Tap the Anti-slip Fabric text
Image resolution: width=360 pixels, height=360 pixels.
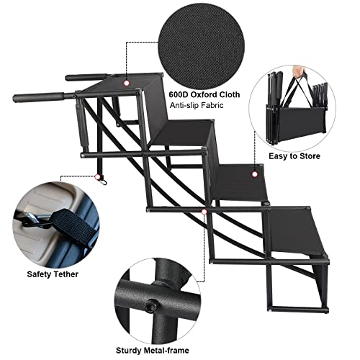(x=198, y=107)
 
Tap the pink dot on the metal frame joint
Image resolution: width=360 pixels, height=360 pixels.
(x=205, y=212)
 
